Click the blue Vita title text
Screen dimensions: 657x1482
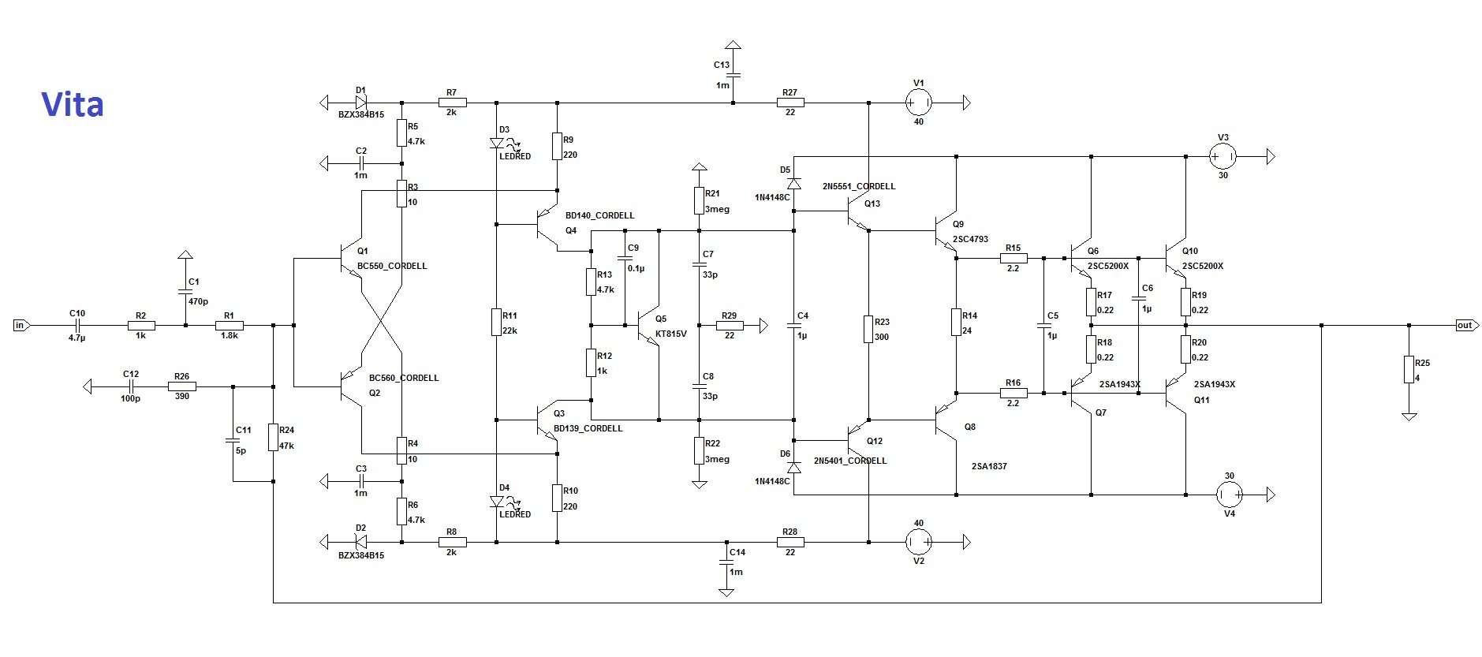coord(72,105)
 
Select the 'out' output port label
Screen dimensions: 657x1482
coord(1464,325)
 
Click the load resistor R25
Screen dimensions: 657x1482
coord(1409,369)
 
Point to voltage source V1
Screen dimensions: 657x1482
coord(918,103)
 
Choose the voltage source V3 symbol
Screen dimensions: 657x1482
coord(1223,157)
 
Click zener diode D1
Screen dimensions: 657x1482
coord(361,103)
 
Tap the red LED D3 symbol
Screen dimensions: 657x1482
coord(497,144)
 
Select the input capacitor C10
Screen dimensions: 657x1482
coord(77,325)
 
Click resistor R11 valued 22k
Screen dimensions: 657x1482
coord(497,322)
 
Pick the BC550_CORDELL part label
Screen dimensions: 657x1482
coord(392,267)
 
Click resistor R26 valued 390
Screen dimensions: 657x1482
coord(181,386)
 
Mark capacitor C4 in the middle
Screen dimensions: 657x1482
coord(793,325)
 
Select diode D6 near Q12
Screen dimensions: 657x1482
coord(793,468)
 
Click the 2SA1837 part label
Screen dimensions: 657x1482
coord(989,466)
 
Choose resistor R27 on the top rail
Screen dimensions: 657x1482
coord(790,103)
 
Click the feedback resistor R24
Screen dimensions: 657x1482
coord(273,437)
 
